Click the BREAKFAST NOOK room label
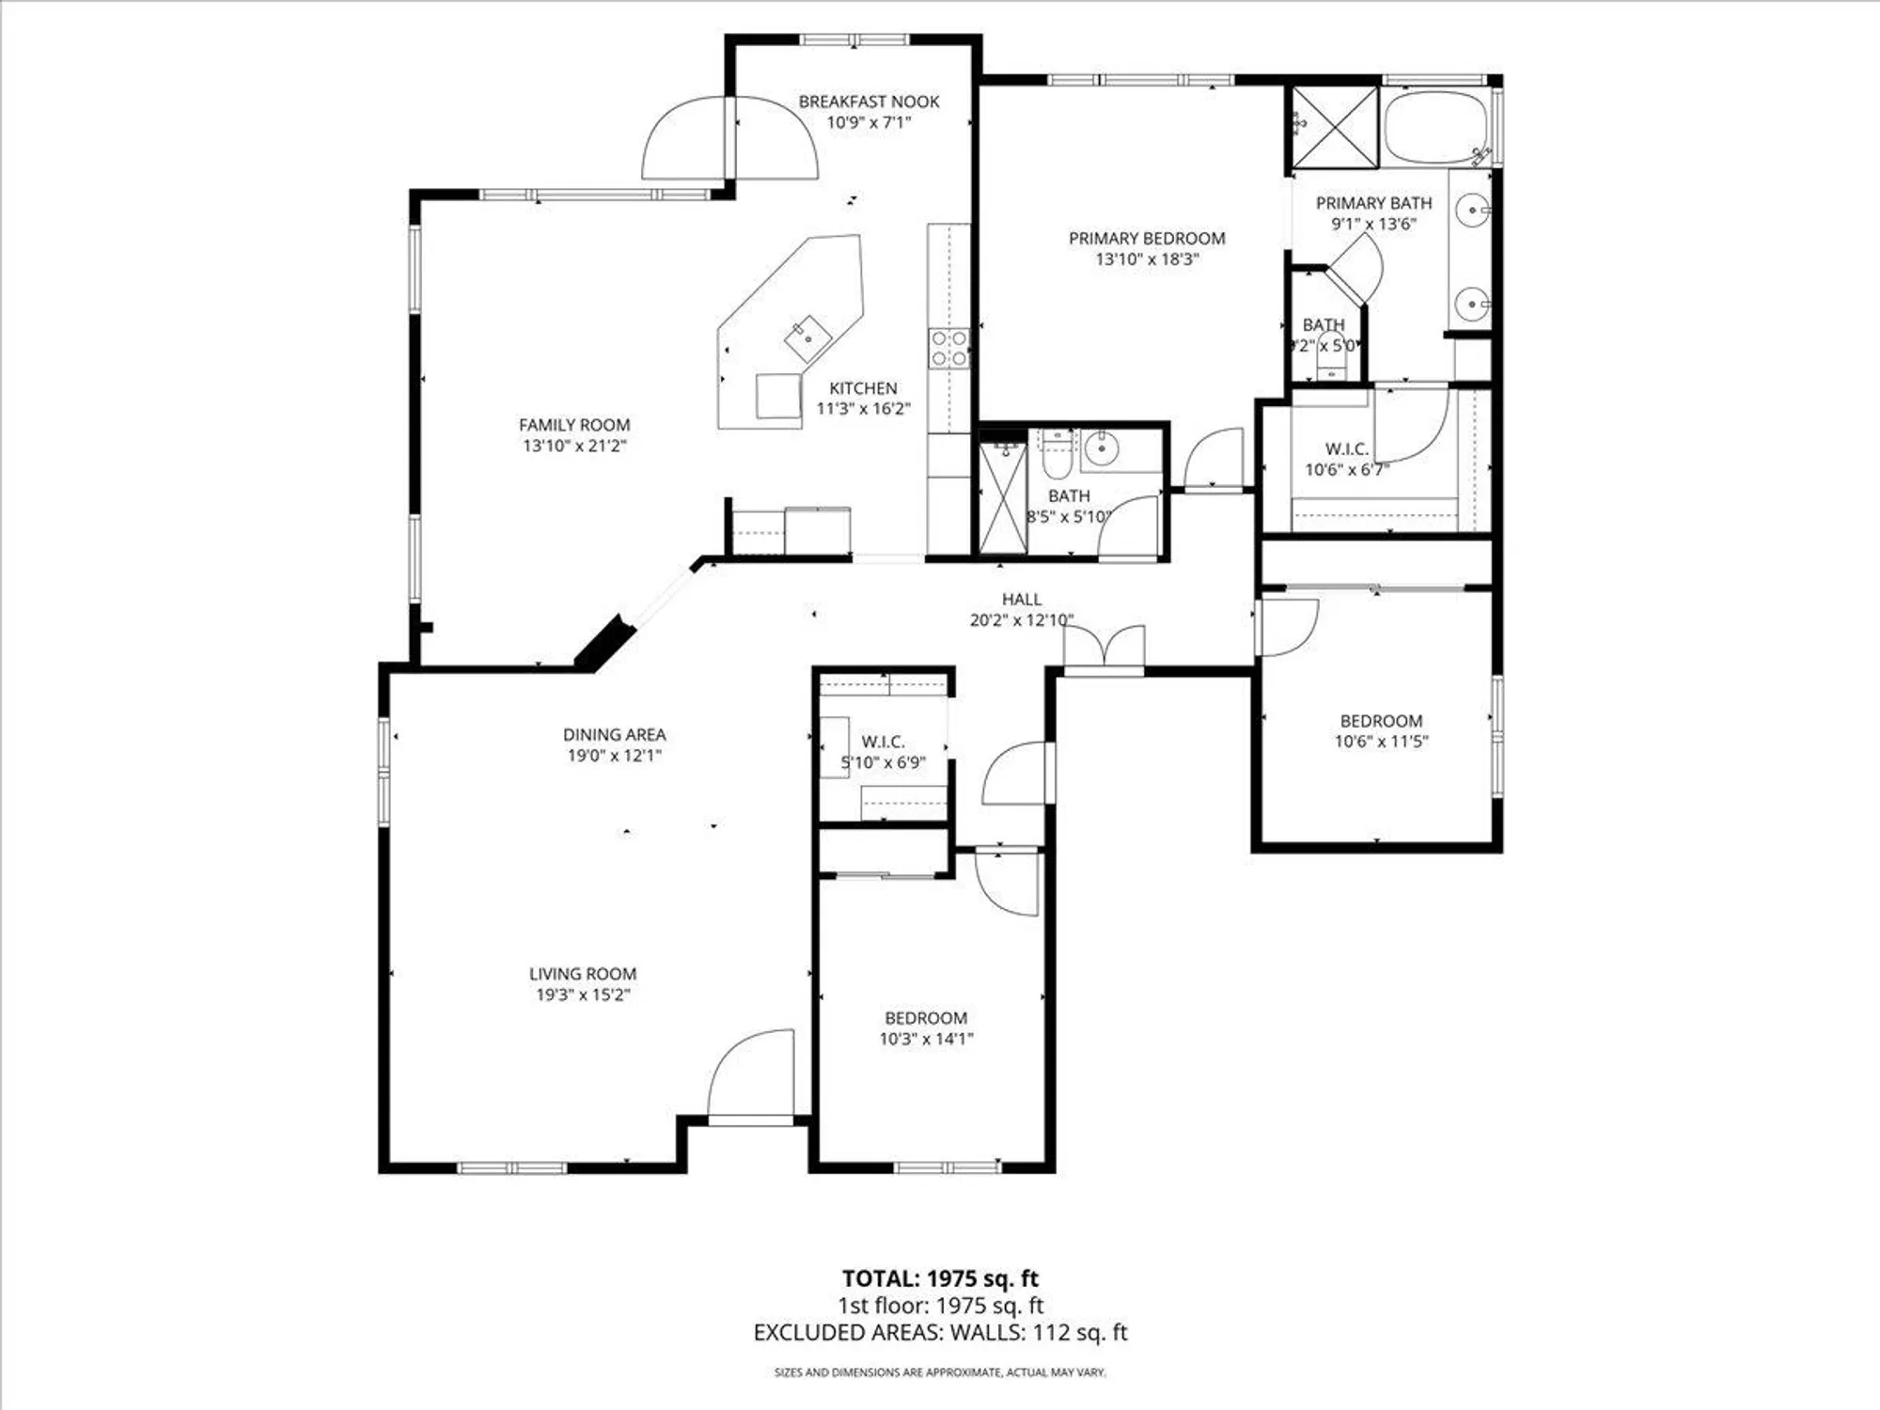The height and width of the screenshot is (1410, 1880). [869, 102]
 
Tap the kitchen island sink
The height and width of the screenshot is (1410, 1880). [807, 339]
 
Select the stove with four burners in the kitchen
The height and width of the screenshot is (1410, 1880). [948, 348]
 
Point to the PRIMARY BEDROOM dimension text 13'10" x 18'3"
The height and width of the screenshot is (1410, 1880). [1147, 259]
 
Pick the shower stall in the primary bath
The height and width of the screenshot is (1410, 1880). [1335, 128]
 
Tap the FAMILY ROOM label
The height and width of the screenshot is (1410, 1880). [574, 425]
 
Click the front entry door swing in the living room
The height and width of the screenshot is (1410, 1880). [752, 1076]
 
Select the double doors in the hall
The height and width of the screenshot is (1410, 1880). [1104, 649]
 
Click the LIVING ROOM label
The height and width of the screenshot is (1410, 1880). [582, 974]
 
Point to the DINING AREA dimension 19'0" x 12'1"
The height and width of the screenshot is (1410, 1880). [614, 756]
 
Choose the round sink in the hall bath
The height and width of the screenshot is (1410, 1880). [1100, 450]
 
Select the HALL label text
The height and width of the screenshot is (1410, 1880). [1021, 599]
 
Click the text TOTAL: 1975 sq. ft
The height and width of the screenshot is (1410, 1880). [940, 1278]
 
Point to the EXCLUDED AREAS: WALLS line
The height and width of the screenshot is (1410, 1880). [940, 1332]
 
